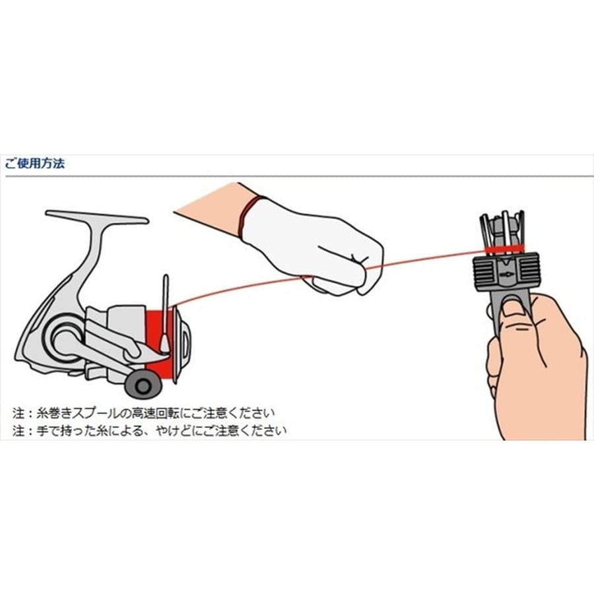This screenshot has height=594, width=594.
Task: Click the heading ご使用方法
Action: [34, 164]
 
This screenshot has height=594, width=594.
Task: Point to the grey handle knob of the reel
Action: [143, 385]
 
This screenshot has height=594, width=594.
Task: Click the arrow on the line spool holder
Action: [506, 274]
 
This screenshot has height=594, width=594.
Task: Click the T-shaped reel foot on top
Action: [96, 216]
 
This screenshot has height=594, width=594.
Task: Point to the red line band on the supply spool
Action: [505, 249]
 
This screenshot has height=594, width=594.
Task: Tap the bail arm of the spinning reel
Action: [165, 314]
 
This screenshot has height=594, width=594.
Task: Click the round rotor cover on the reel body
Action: [65, 337]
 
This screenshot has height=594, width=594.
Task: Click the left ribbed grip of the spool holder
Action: [484, 272]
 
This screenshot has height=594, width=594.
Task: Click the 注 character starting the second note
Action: [18, 431]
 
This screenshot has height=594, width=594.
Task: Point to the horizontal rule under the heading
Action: [299, 176]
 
